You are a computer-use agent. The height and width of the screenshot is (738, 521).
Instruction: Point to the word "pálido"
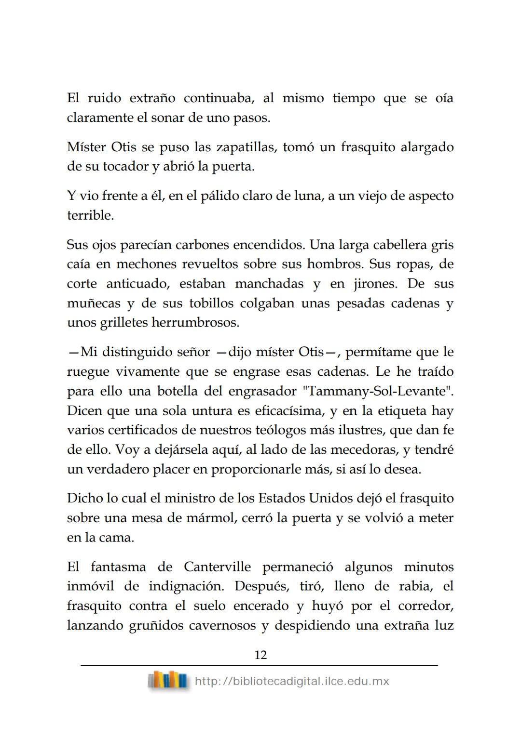point(221,196)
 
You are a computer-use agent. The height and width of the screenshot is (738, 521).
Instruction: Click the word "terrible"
point(90,215)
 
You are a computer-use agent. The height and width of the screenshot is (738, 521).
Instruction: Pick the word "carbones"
point(202,245)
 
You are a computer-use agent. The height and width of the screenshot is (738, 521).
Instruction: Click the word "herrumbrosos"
point(195,323)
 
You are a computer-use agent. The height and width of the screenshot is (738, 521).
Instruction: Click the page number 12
point(260,655)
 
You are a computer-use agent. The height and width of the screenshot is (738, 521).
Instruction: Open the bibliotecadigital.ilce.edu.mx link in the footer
point(292,682)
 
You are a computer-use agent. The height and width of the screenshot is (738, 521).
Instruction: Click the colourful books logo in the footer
point(167,681)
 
